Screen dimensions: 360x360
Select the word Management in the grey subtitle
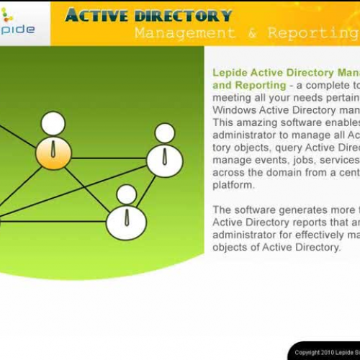(x=184, y=33)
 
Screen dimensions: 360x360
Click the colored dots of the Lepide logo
(x=7, y=16)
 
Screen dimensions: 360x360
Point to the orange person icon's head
(x=53, y=123)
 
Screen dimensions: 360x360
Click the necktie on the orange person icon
(x=54, y=152)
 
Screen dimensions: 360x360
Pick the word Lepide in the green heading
(x=230, y=73)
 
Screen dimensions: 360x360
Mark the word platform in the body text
(x=233, y=184)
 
